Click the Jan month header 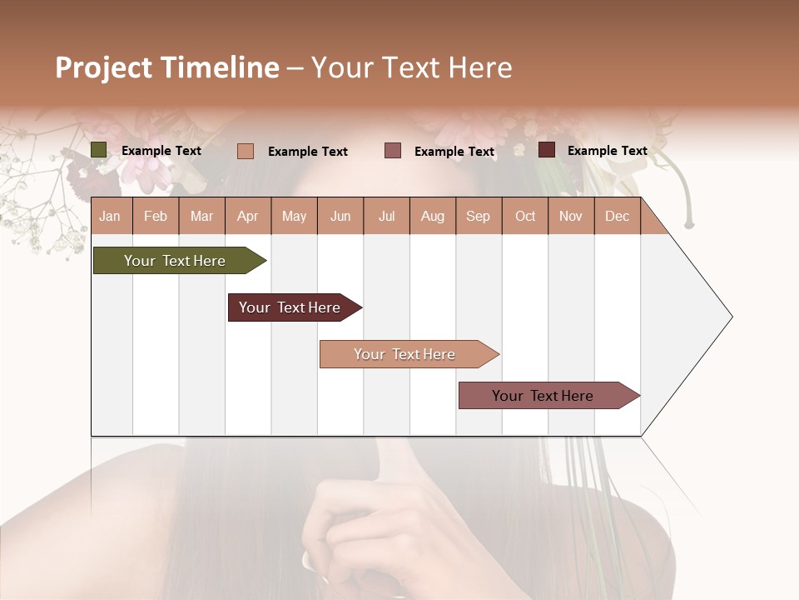[110, 216]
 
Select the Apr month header [247, 216]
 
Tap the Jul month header [386, 216]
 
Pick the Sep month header [478, 216]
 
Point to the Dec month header [617, 216]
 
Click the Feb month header [156, 216]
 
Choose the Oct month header [525, 216]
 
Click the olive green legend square [99, 150]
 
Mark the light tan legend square [246, 151]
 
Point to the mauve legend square [393, 150]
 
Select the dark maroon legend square [547, 150]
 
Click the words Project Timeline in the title [166, 67]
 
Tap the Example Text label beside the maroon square [607, 151]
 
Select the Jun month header [340, 216]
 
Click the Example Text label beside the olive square [161, 151]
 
